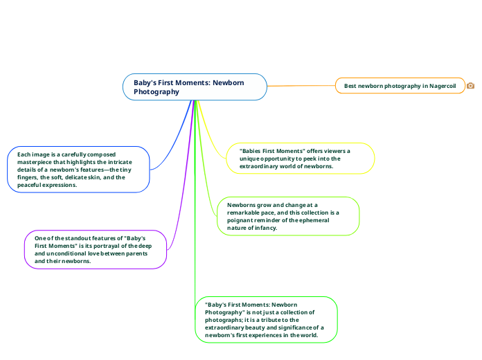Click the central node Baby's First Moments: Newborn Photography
195,87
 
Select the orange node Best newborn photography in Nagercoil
400,86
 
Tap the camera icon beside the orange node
471,86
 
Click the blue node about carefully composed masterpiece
79,169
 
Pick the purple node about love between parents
96,249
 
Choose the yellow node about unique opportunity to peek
300,159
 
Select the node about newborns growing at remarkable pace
287,216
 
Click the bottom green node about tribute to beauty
266,319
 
